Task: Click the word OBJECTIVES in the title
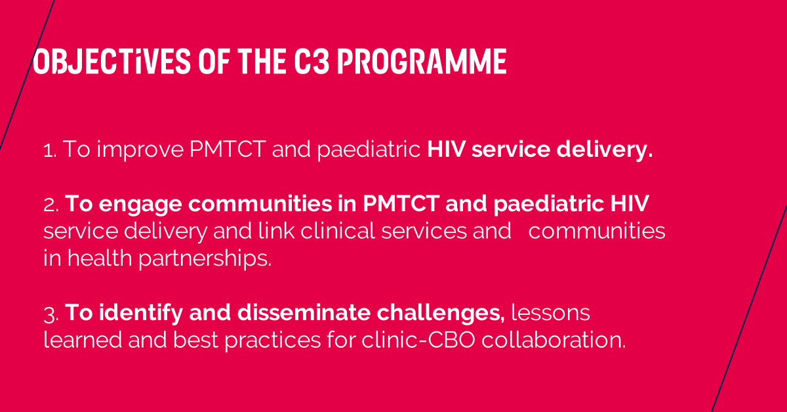pos(111,61)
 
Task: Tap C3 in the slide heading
pos(312,61)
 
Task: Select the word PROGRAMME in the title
pos(422,61)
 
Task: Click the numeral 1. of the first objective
pos(50,150)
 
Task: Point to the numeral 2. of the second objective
pos(51,205)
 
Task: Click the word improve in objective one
pos(140,150)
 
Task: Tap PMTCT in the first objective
pos(228,149)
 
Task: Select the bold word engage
pos(140,205)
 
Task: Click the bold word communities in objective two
pos(260,203)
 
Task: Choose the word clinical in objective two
pos(338,231)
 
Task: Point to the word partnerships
pos(205,259)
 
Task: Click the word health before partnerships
pos(100,258)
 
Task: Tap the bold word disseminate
pos(304,312)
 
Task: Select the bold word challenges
pos(441,313)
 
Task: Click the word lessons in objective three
pos(550,312)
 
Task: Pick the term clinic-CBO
pos(418,340)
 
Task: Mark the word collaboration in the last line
pos(554,340)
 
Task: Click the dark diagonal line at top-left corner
pos(27,75)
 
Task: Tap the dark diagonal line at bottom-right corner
pos(749,308)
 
